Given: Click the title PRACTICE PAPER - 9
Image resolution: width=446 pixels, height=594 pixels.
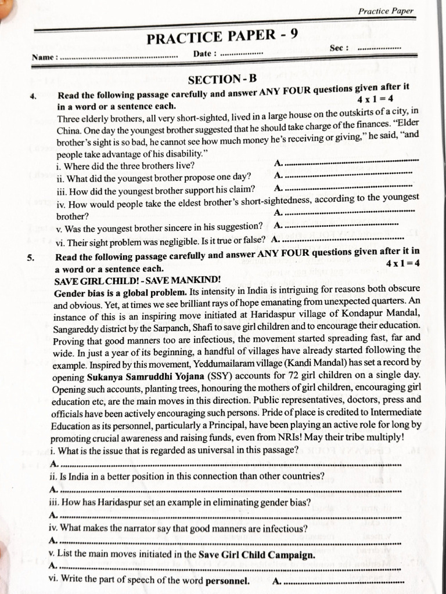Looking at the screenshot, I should point(222,37).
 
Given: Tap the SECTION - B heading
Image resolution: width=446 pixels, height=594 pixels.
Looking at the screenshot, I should point(222,79).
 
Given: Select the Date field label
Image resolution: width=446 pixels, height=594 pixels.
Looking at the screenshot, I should point(204,53).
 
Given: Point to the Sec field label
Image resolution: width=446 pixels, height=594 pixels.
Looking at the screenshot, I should point(339,48).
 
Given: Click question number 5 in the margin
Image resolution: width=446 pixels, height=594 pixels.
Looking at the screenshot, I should point(31,258).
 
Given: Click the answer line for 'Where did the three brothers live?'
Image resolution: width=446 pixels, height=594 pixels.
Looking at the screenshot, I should point(351,162).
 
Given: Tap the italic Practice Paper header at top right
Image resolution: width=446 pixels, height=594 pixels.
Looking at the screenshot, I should point(386,11).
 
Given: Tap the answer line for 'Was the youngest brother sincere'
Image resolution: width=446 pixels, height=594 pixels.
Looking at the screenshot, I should point(343,225).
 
